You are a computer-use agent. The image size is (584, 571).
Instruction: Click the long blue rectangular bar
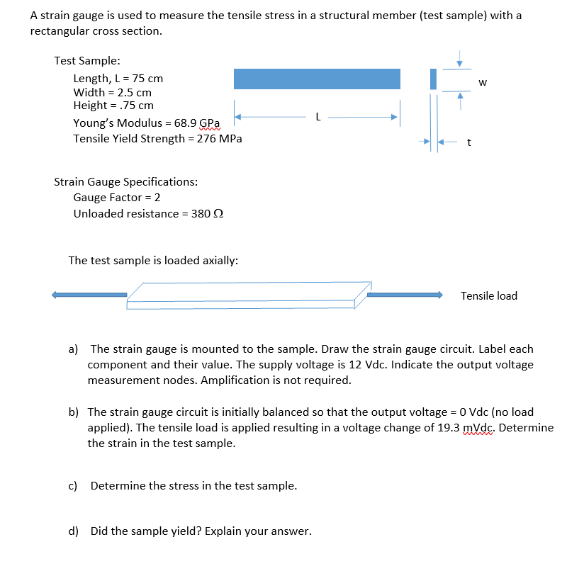pyautogui.click(x=317, y=79)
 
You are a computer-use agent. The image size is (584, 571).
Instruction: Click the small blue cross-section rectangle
pyautogui.click(x=432, y=79)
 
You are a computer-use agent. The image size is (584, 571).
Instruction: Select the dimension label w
pyautogui.click(x=483, y=82)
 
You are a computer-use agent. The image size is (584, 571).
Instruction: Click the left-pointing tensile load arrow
pyautogui.click(x=89, y=295)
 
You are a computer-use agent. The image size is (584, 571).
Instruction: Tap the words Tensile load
pyautogui.click(x=489, y=295)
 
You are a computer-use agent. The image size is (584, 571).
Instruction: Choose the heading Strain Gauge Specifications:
pyautogui.click(x=126, y=181)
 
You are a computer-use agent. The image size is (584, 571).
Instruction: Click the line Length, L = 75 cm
pyautogui.click(x=118, y=79)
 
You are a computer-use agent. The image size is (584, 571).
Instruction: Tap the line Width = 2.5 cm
pyautogui.click(x=112, y=92)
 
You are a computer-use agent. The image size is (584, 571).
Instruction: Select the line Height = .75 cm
pyautogui.click(x=113, y=106)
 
